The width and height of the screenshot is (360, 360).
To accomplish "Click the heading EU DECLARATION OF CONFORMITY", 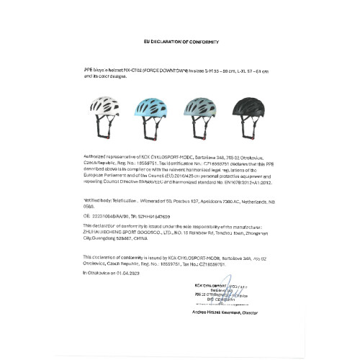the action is [179, 43].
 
